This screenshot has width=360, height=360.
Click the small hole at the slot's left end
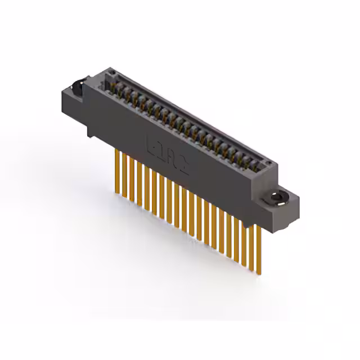(x=112, y=74)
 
